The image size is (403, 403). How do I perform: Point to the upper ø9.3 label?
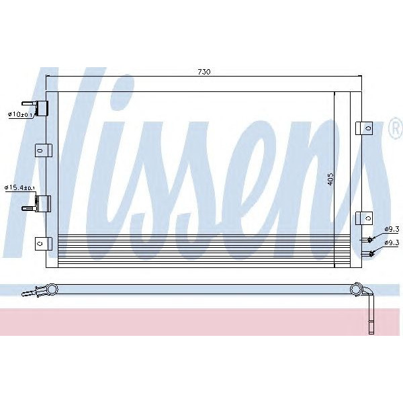click(392, 229)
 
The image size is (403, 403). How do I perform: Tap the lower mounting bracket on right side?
click(364, 218)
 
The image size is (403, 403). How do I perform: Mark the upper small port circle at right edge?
click(369, 240)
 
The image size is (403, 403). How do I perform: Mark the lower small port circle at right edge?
click(369, 253)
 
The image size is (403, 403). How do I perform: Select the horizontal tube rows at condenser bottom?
click(201, 250)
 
